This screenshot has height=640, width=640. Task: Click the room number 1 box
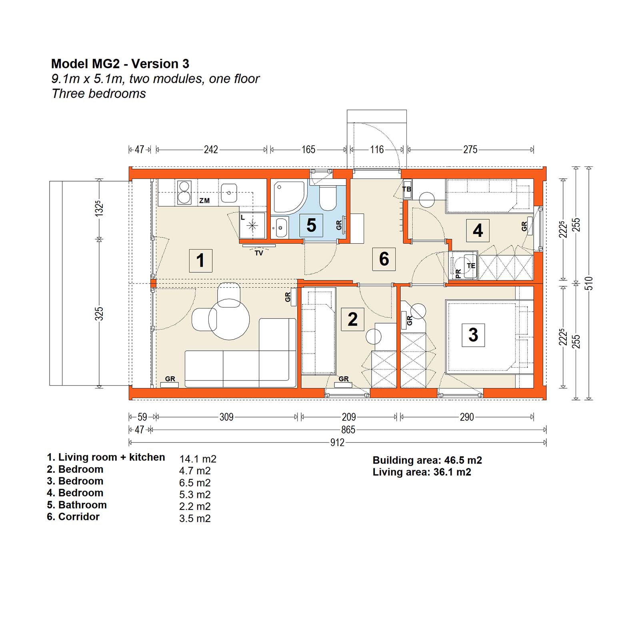click(200, 260)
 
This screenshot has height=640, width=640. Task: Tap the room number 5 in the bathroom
click(311, 225)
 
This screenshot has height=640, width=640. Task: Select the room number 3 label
click(473, 335)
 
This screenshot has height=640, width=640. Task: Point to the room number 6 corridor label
click(384, 259)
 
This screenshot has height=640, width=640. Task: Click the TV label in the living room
click(259, 253)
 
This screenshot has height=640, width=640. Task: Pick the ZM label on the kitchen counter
click(204, 200)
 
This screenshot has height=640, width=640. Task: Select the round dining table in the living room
click(229, 320)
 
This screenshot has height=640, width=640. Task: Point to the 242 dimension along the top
click(211, 150)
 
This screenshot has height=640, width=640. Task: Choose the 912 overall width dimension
click(337, 442)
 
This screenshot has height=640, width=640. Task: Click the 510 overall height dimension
click(588, 283)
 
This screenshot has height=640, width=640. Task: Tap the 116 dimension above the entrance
click(377, 150)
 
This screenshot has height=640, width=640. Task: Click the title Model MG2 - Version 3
click(120, 64)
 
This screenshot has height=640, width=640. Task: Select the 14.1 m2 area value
click(198, 459)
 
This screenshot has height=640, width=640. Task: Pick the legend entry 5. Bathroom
click(77, 505)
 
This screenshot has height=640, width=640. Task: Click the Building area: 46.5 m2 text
click(427, 460)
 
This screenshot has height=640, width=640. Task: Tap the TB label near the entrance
click(407, 189)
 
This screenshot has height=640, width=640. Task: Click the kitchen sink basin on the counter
click(229, 193)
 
